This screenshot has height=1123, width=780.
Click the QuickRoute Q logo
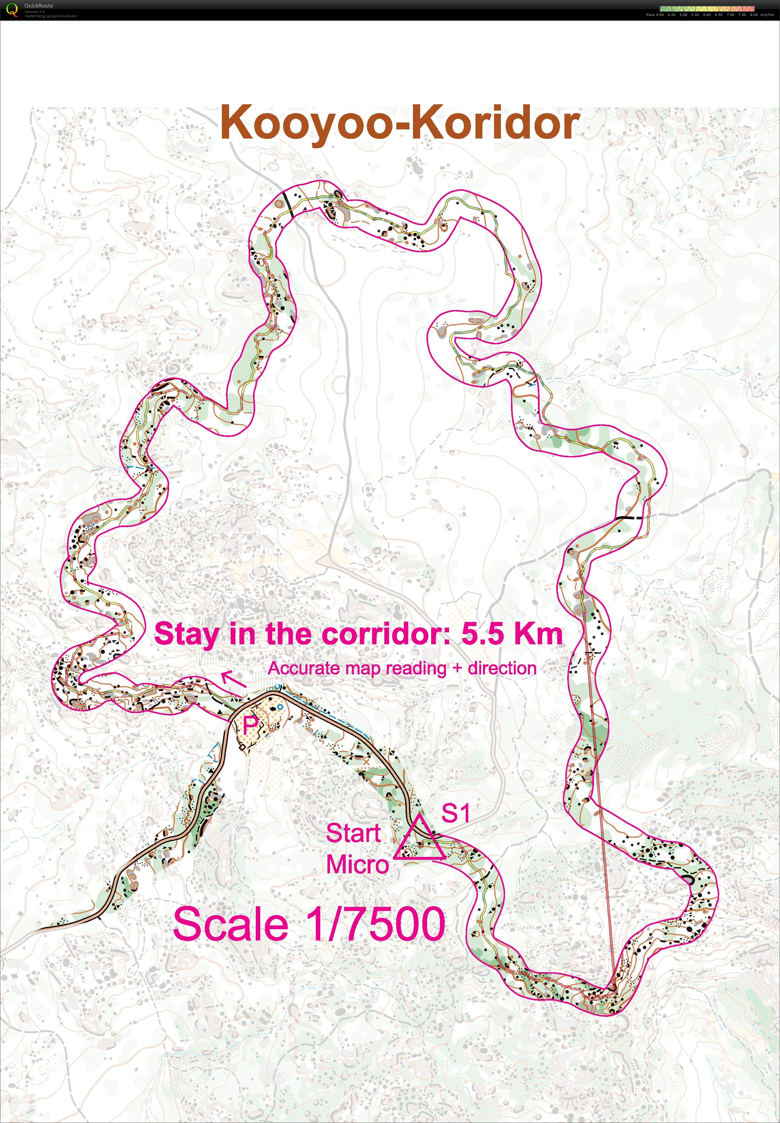coord(13,9)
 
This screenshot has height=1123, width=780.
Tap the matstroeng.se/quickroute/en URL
coord(50,16)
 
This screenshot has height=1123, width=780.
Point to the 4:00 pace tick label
coord(659,15)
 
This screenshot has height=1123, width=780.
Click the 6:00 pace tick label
coord(707,15)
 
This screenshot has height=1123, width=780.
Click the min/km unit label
coord(767,15)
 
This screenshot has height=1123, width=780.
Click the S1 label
coord(455,813)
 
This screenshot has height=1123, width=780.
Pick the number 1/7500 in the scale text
coord(375,924)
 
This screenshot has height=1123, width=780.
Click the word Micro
coord(357,864)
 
